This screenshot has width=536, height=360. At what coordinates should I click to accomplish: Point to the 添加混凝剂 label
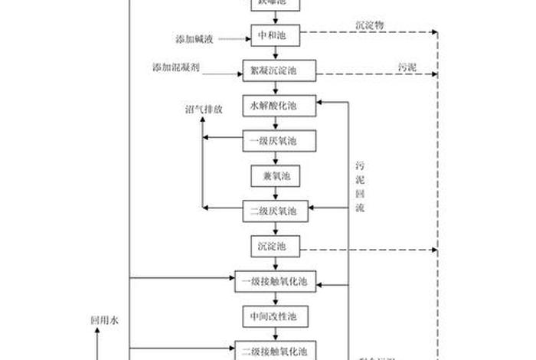[176, 68]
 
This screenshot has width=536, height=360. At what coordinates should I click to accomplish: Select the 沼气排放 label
[204, 109]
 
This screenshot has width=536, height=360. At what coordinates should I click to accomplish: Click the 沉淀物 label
[370, 25]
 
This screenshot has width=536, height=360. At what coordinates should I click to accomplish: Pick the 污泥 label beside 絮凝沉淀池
[407, 67]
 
